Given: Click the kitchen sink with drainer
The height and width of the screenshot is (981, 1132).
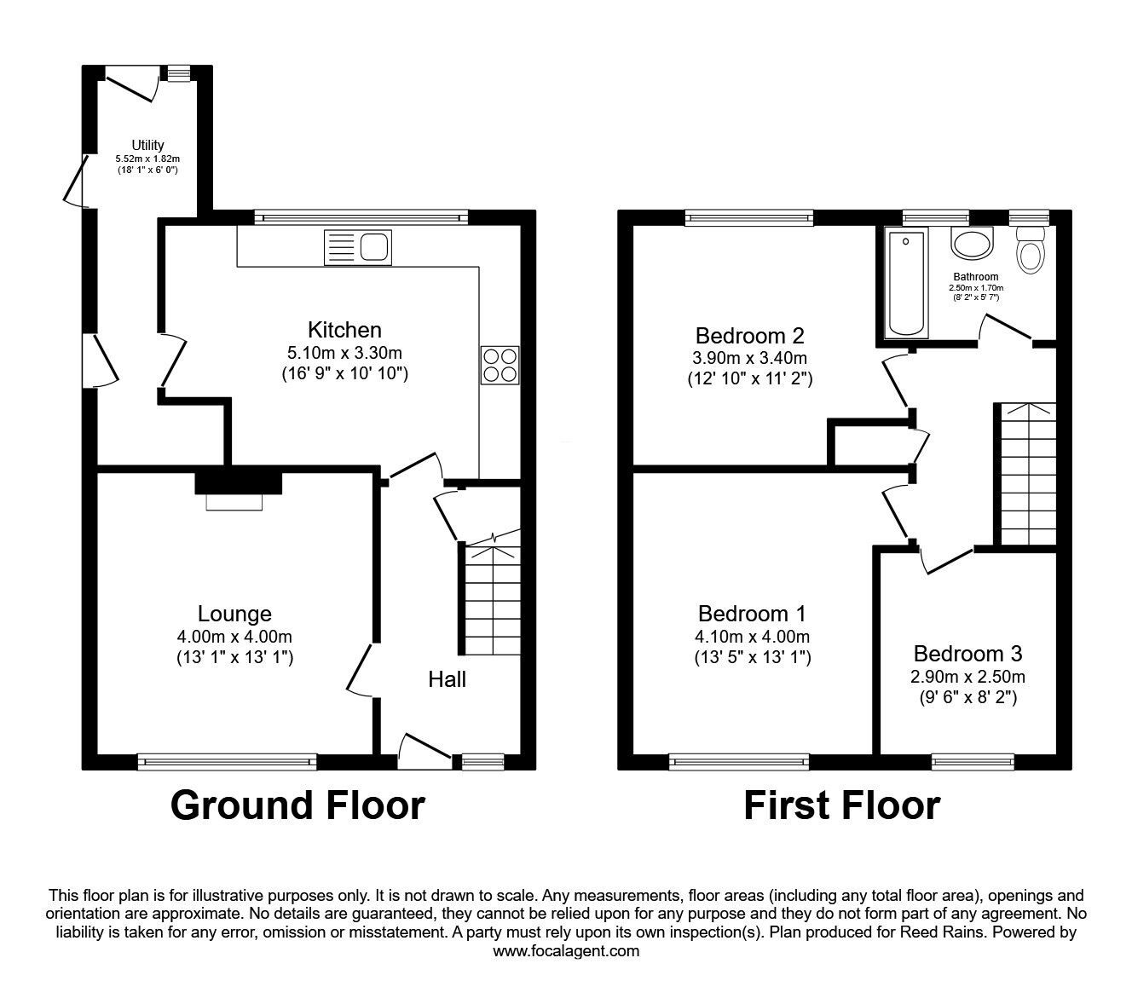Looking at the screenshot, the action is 358,247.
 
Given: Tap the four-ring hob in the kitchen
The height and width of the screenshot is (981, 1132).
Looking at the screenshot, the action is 500,365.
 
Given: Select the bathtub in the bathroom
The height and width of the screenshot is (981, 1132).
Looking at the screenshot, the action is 906,283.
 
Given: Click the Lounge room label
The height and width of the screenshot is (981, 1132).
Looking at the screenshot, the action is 234,614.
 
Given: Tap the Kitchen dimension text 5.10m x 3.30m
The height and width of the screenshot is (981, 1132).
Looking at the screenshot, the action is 344,353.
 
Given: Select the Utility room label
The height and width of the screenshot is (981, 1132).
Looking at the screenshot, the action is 147,145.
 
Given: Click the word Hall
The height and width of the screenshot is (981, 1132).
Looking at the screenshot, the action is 447,680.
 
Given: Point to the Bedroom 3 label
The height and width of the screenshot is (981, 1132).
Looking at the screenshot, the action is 967,654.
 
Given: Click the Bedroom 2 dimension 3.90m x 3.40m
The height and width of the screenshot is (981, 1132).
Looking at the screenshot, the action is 750,358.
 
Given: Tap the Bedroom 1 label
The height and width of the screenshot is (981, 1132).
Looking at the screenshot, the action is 752,614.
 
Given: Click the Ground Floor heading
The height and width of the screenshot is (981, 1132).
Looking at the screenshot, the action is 298,805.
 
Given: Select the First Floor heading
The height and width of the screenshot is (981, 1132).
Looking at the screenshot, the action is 842,805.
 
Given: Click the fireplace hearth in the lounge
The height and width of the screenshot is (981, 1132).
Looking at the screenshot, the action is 234,502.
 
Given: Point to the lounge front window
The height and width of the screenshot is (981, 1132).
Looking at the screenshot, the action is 227,762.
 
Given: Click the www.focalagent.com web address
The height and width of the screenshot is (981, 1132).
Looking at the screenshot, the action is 566,951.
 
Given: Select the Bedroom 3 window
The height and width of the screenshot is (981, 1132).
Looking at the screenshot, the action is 973,761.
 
